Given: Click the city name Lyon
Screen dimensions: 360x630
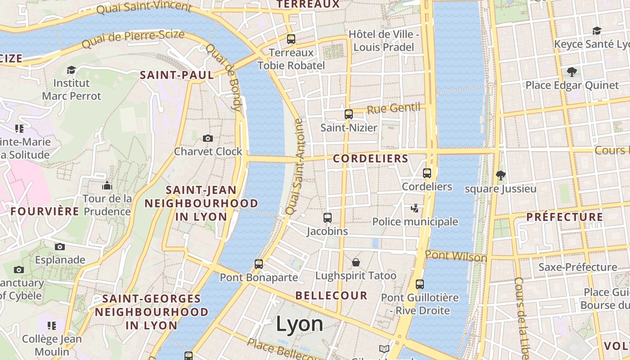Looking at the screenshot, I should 299,324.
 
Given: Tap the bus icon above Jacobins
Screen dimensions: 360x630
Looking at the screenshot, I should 328,218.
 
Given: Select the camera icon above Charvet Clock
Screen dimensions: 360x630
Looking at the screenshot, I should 207,138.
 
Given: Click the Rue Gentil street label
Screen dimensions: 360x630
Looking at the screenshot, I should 393,108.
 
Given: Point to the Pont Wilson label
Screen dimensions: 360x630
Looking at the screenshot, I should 456,256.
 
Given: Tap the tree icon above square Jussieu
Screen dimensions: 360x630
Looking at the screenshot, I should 500,175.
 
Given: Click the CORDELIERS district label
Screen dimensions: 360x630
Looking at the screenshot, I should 370,158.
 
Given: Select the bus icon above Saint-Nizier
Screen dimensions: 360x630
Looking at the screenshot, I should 349,114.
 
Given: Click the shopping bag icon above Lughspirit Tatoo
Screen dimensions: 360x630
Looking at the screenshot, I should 356,262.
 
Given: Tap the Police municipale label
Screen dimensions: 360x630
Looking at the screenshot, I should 415,221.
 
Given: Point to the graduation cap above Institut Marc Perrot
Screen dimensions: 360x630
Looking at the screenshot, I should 71,70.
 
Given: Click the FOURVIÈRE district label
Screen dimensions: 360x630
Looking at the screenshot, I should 45,211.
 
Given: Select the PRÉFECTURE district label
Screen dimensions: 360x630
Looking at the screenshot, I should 565,217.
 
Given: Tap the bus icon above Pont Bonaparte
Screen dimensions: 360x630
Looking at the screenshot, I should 259,264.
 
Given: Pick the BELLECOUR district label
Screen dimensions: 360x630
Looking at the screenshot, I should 331,296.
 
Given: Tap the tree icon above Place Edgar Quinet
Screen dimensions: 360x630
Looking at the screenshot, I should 572,72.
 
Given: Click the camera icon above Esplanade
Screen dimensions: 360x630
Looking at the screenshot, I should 60,247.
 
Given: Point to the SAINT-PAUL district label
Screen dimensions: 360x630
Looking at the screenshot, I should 177,75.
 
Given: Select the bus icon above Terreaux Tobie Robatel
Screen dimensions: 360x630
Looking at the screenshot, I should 291,39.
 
